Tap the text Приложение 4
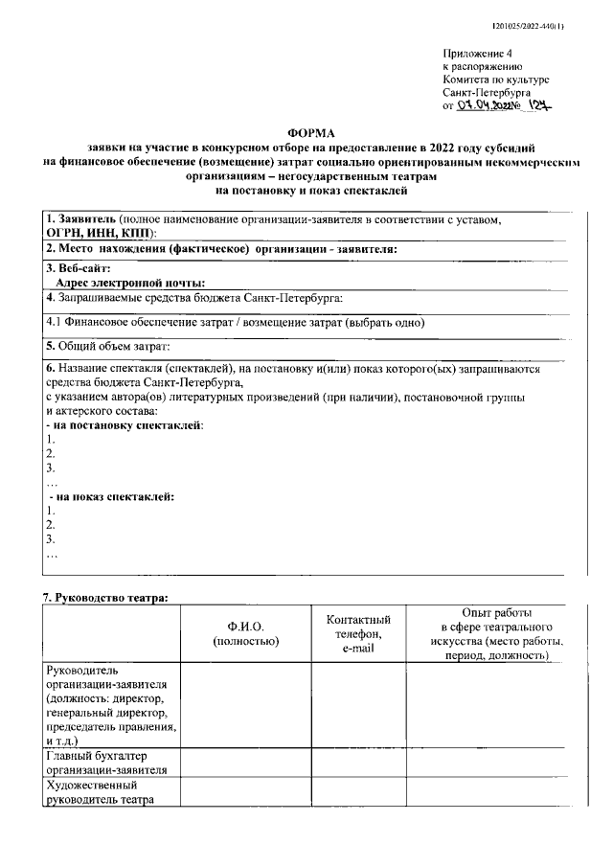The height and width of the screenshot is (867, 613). [x=478, y=55]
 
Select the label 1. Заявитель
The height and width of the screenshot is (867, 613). [x=81, y=218]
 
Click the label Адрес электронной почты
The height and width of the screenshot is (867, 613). [x=131, y=283]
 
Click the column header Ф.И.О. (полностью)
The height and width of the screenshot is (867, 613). [x=245, y=633]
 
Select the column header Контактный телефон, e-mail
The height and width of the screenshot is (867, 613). [x=358, y=633]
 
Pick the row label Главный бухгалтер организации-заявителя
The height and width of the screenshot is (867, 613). [x=108, y=762]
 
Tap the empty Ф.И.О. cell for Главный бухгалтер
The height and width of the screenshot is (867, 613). [x=245, y=762]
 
